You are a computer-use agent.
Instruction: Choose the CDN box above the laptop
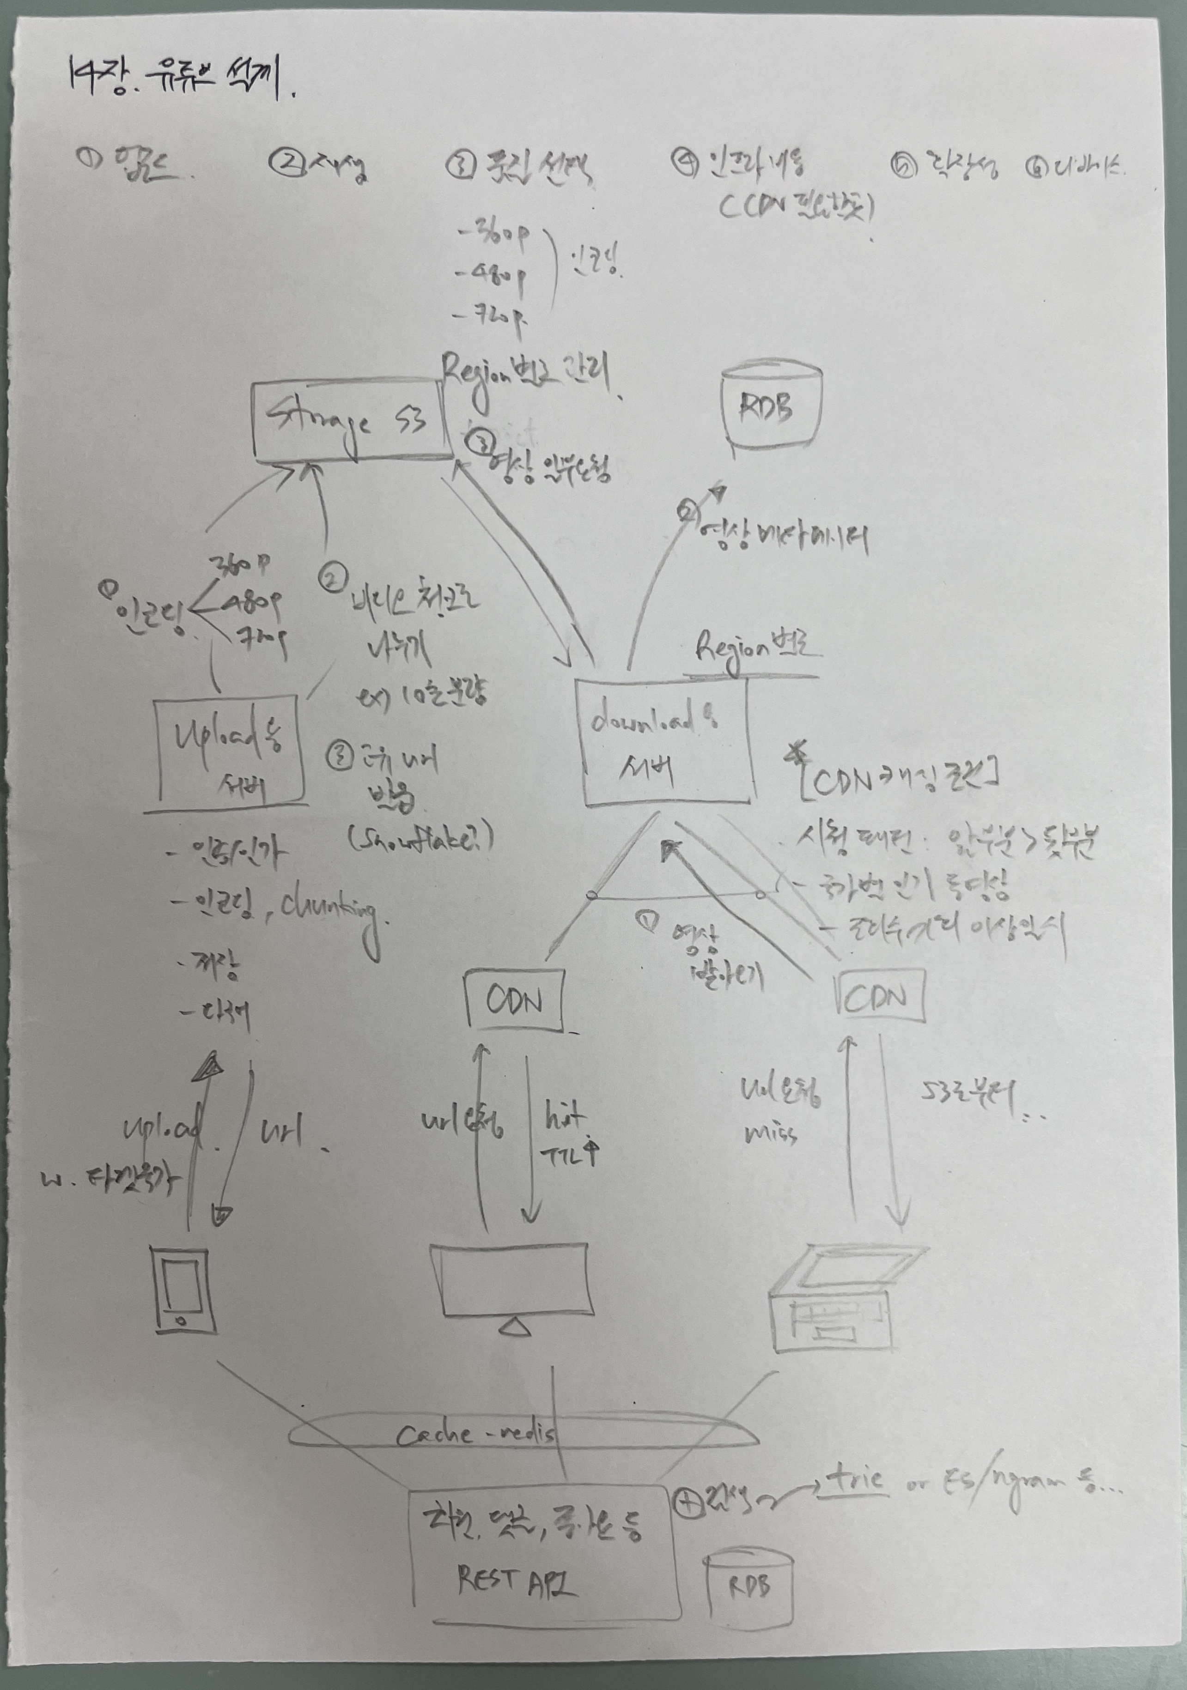881,998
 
